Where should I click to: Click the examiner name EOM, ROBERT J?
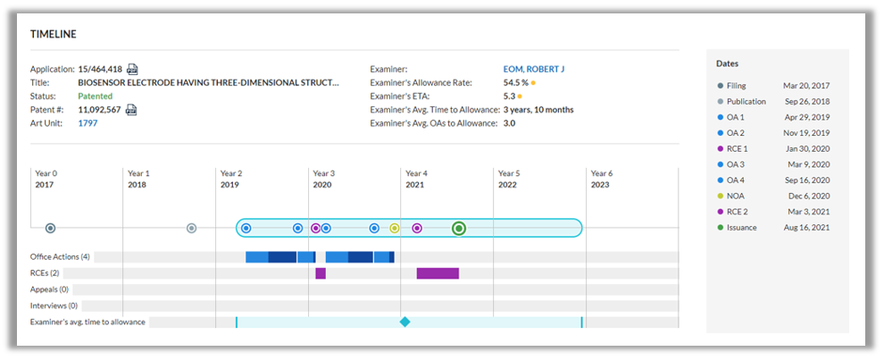point(534,70)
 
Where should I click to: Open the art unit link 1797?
point(88,123)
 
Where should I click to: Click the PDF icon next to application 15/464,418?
point(132,70)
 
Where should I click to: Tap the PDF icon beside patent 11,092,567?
point(131,110)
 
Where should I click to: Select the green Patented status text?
point(96,96)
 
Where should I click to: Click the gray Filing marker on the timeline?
point(50,228)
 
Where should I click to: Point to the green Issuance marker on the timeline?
point(459,228)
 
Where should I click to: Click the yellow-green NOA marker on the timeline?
point(395,228)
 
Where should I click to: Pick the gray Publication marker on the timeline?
point(192,228)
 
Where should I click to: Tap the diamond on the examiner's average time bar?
point(404,322)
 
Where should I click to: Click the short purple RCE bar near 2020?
point(321,273)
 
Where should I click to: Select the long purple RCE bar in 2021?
point(438,273)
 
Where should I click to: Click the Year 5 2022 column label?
point(509,179)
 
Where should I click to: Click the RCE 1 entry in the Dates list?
point(737,149)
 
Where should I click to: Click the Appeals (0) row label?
point(50,289)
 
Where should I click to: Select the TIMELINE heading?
point(54,35)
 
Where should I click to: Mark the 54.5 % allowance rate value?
point(516,83)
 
